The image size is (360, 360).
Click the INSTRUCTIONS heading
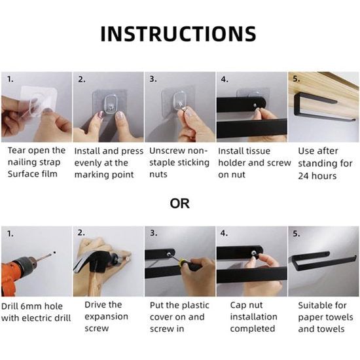pos(178,33)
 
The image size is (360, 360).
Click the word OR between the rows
pos(179,204)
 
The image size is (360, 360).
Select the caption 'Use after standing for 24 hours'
pos(325,163)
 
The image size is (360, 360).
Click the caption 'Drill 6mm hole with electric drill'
pos(36,311)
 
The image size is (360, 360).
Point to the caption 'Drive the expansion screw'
pos(103,316)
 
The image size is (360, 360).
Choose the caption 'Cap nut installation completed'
pos(253,316)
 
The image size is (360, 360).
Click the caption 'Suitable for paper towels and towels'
pos(325,316)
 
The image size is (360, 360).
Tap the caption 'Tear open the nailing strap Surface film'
pos(36,162)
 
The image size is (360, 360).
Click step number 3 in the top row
pos(153,79)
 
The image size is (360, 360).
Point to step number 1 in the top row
pos(10,79)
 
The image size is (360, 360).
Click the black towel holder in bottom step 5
pos(324,262)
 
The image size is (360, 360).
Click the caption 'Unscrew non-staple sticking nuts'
pos(179,162)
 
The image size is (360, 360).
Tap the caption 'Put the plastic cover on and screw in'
pos(178,316)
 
